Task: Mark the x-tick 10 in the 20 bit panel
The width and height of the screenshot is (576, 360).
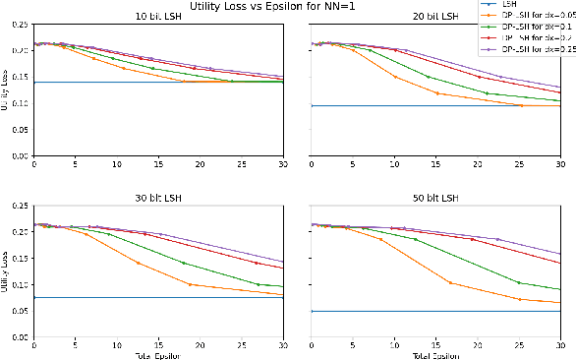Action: pyautogui.click(x=394, y=163)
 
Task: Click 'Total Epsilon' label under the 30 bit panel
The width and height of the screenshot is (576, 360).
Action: pyautogui.click(x=158, y=354)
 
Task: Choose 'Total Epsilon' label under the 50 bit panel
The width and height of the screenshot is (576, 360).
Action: pyautogui.click(x=435, y=354)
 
